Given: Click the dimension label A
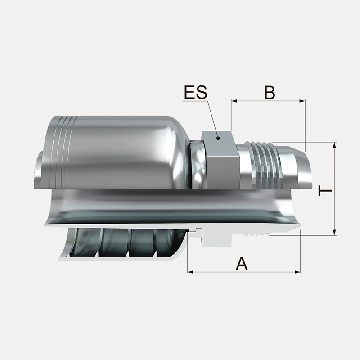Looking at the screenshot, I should [242, 264].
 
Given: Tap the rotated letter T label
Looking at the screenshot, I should [325, 191].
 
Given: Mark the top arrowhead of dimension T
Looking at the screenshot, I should [334, 145].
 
